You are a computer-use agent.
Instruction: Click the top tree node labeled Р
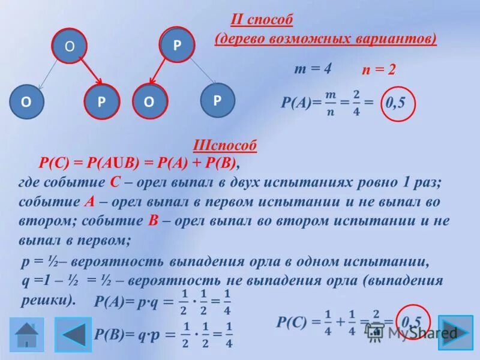click(x=177, y=45)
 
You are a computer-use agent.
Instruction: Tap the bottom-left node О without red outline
click(x=26, y=101)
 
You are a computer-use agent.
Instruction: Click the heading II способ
click(x=262, y=20)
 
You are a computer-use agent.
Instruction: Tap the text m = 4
click(x=313, y=69)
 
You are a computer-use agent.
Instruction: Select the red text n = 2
click(x=378, y=70)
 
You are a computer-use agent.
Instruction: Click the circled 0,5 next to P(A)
click(x=395, y=103)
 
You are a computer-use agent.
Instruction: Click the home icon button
click(x=26, y=335)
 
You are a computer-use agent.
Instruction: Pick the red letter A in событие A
click(x=89, y=202)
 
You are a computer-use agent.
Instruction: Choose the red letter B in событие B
click(x=152, y=220)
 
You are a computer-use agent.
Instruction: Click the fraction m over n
click(x=330, y=103)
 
